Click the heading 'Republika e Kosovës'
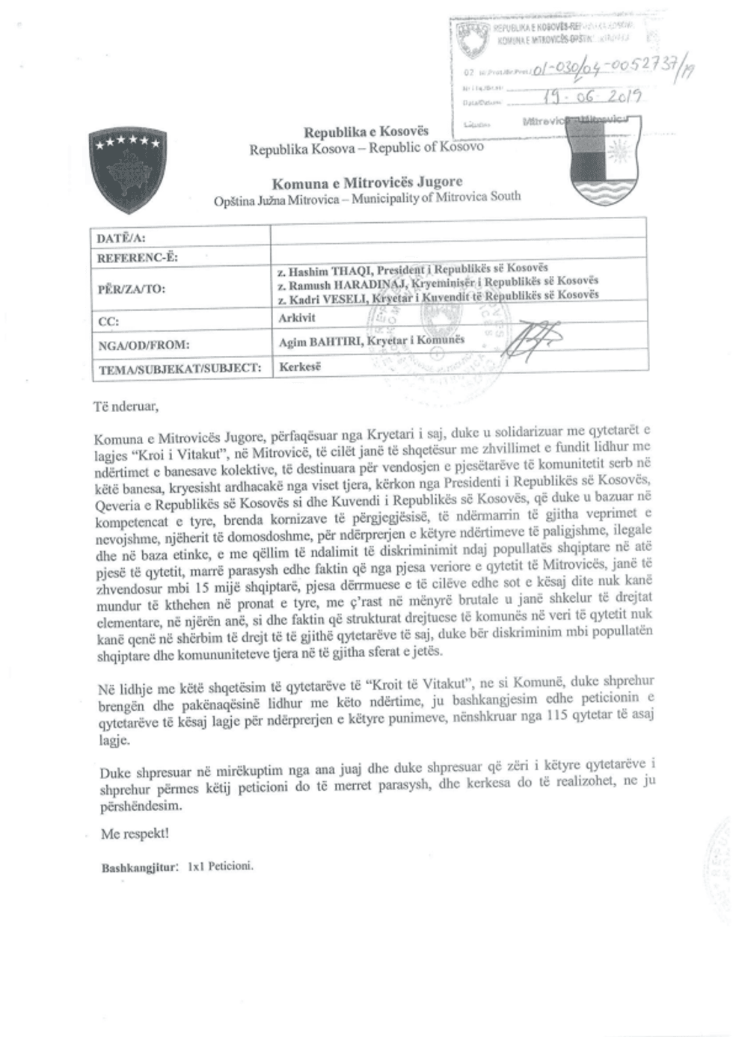(366, 132)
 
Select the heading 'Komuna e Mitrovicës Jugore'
(366, 182)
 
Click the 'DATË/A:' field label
(122, 239)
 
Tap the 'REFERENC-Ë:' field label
(138, 258)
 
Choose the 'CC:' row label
(109, 321)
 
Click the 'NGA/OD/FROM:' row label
(144, 345)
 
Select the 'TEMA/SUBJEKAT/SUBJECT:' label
(180, 368)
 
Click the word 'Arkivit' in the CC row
(297, 318)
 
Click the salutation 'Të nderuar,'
(126, 407)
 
